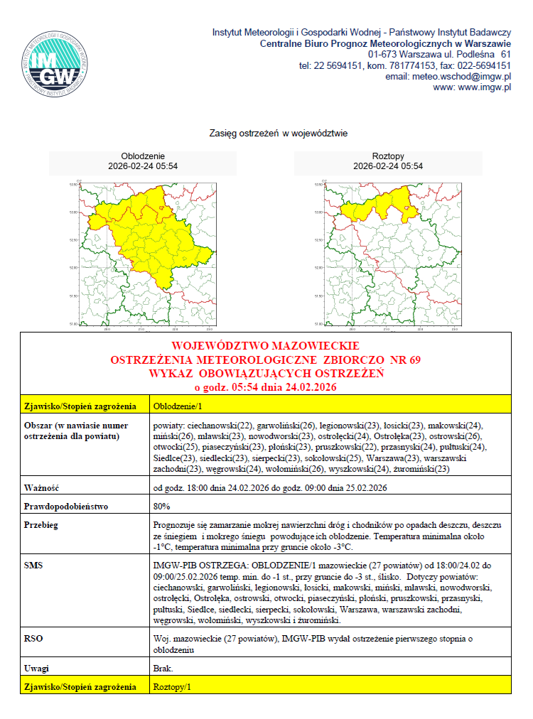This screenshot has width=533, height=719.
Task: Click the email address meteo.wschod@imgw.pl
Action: pyautogui.click(x=448, y=76)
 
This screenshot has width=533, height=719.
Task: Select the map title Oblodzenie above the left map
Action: pyautogui.click(x=143, y=156)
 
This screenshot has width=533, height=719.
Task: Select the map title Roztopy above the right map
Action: pyautogui.click(x=388, y=156)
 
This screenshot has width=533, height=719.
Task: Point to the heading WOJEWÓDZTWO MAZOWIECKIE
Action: pyautogui.click(x=266, y=347)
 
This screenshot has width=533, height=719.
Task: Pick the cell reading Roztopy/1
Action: pyautogui.click(x=173, y=687)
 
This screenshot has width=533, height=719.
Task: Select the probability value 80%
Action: pyautogui.click(x=161, y=507)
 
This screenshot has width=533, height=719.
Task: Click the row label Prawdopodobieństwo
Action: pyautogui.click(x=65, y=507)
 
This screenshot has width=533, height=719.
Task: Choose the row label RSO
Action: pyautogui.click(x=33, y=639)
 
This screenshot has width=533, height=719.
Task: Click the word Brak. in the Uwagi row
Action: pyautogui.click(x=163, y=669)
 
